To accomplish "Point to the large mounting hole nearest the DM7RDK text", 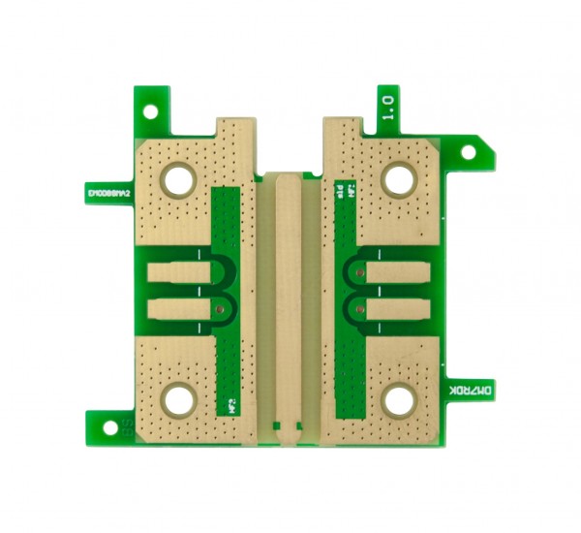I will pos(399,399).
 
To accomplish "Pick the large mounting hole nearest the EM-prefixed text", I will pos(179,178).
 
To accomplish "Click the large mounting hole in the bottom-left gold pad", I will pos(179,399).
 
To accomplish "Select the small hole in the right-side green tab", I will pos(470,153).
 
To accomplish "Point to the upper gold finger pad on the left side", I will pos(180,273).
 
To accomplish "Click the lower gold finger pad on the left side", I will pos(180,310).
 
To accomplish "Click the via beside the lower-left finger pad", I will pos(223,310).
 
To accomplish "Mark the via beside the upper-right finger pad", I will pos(358,273).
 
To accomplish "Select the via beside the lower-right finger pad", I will pos(358,310).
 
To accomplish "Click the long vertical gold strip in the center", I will pos(288,300).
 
